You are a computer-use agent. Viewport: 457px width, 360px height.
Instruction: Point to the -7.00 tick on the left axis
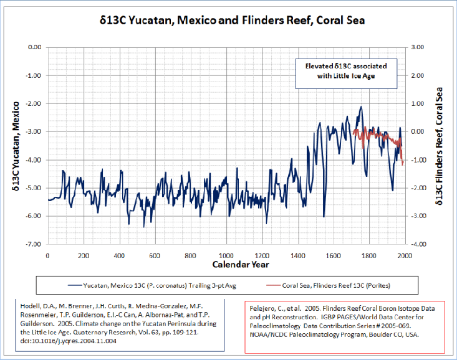[x=32, y=244]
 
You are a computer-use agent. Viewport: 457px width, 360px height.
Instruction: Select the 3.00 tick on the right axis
[x=416, y=47]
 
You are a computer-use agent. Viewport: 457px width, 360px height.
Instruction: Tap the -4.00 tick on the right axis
[x=416, y=244]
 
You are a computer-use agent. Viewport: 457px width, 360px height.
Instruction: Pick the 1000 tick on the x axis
[x=226, y=255]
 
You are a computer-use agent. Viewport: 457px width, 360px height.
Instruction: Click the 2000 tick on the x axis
[x=405, y=255]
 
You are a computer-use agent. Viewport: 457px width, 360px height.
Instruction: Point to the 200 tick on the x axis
[x=83, y=255]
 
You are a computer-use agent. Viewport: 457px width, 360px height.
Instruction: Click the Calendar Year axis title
[x=226, y=265]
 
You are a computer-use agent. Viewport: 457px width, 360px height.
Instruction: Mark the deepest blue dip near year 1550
[x=324, y=216]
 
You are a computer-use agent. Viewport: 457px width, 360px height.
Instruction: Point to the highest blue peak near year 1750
[x=360, y=107]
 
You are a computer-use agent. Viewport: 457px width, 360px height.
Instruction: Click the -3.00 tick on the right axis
[x=416, y=216]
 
